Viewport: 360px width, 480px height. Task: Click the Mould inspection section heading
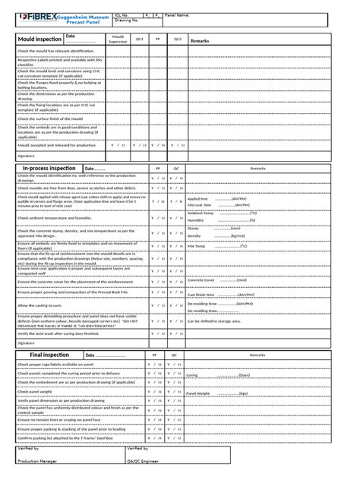point(39,39)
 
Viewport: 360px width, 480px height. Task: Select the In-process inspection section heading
point(49,169)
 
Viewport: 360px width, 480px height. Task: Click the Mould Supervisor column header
point(118,39)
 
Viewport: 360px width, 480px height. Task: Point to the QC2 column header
point(177,39)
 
